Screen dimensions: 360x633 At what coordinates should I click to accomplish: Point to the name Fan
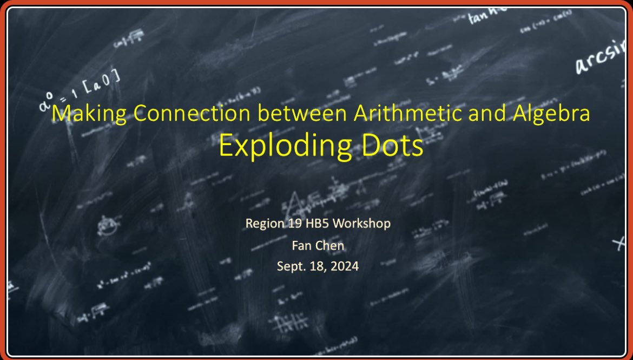(300, 245)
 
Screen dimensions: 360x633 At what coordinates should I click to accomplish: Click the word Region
(263, 223)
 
